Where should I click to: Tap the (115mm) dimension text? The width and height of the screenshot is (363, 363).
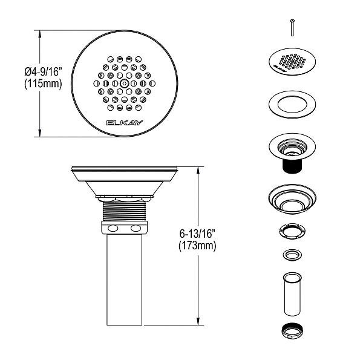[x=43, y=84]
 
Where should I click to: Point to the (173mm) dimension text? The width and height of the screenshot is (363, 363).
[x=197, y=246]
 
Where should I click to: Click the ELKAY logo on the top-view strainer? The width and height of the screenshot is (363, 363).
[x=124, y=123]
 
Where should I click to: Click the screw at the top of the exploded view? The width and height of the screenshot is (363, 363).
[x=292, y=28]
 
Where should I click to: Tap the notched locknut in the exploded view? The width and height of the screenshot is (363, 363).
[x=292, y=231]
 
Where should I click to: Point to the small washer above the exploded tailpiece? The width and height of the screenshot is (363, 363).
[x=292, y=255]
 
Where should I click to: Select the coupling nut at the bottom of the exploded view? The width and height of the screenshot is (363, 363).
[x=292, y=332]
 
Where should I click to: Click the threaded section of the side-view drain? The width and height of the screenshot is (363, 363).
[x=124, y=212]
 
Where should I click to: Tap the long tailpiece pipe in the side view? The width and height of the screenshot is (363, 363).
[x=124, y=278]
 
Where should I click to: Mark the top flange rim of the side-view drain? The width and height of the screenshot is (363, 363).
[x=124, y=169]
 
